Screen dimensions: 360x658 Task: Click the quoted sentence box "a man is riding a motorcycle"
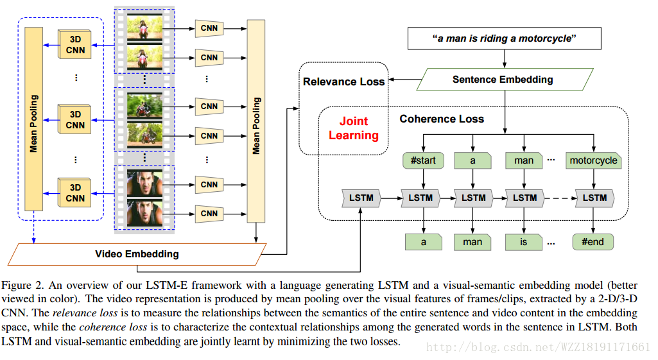click(x=505, y=39)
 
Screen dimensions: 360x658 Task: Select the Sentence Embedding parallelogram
click(x=503, y=80)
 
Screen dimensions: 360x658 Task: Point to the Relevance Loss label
click(x=343, y=81)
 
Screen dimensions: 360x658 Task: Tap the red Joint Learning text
click(x=354, y=128)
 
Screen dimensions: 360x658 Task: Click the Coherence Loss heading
click(x=442, y=119)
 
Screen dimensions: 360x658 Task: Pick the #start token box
click(x=423, y=160)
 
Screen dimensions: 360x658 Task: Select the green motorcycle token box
click(x=593, y=160)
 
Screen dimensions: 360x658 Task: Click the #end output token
click(x=593, y=242)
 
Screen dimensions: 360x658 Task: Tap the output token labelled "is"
click(x=524, y=242)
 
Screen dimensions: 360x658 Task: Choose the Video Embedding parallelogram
click(x=137, y=253)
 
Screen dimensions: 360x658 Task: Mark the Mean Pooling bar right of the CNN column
click(x=256, y=121)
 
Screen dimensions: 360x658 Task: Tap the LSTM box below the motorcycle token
click(x=594, y=198)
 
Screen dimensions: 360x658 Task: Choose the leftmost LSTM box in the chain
click(x=361, y=198)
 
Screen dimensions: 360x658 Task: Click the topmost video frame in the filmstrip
click(x=144, y=28)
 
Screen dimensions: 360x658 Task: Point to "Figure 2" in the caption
click(x=21, y=285)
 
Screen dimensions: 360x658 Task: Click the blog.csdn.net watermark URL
click(x=539, y=347)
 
